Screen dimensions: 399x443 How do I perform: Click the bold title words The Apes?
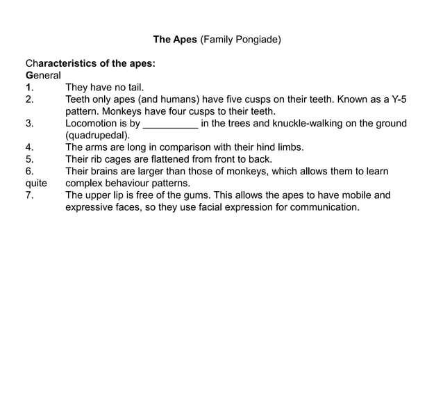tap(175, 40)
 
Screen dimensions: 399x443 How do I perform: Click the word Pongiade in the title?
tap(256, 40)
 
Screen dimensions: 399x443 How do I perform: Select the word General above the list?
tap(43, 75)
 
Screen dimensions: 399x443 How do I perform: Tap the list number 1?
tap(30, 88)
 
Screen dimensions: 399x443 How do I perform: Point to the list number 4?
tap(29, 147)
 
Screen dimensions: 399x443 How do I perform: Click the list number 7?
tap(29, 195)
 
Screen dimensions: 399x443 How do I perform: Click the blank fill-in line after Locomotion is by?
tap(170, 124)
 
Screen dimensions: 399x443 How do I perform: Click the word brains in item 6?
tap(106, 171)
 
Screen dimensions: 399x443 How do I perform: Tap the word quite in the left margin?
tap(36, 184)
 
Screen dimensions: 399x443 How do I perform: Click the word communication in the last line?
tap(323, 207)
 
